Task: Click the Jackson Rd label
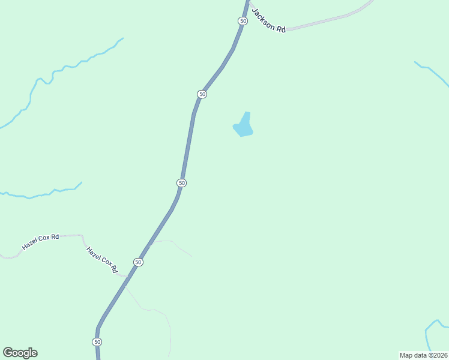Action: pos(269,20)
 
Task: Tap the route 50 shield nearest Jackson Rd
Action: pos(243,21)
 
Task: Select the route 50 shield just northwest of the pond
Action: pos(202,94)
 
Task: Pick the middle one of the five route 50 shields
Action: pos(182,182)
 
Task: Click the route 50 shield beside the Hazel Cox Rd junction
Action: pos(139,262)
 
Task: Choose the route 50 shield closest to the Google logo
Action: pos(97,341)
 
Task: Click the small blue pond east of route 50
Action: pos(243,127)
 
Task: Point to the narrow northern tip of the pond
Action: pos(247,114)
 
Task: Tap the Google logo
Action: pos(20,353)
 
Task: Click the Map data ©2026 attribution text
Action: pos(423,355)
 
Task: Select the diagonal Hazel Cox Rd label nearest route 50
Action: pos(101,260)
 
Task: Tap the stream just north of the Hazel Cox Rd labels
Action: pos(42,194)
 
